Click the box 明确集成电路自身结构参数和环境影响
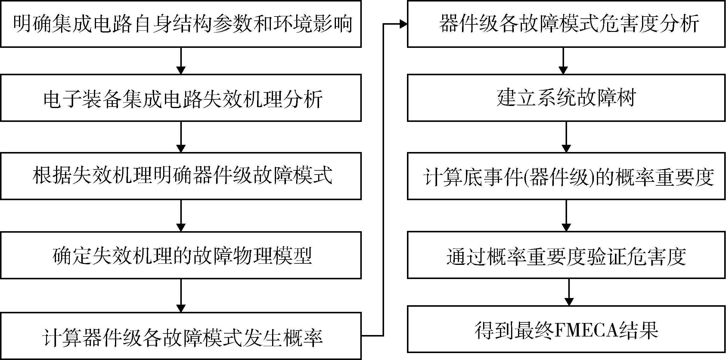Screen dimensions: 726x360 (x=181, y=24)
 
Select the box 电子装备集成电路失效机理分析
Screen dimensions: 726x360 (x=181, y=98)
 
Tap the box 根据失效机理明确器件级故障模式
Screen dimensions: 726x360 (x=181, y=176)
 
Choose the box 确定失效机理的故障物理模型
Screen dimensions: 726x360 (x=181, y=255)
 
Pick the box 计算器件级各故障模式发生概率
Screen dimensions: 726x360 (x=181, y=336)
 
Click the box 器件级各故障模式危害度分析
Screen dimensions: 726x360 (x=566, y=24)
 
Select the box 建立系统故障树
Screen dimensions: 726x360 (x=566, y=98)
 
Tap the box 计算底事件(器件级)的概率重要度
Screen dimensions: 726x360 (x=566, y=176)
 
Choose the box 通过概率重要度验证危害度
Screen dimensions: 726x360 (x=566, y=255)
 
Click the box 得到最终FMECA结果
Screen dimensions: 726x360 (x=566, y=329)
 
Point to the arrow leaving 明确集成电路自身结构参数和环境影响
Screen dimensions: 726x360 (x=181, y=61)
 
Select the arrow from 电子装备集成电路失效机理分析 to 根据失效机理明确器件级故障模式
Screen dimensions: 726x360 (x=181, y=137)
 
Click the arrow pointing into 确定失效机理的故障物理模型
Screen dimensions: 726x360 (x=181, y=216)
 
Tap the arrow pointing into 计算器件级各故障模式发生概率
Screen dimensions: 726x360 (x=181, y=296)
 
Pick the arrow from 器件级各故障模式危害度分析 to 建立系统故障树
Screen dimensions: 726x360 (x=563, y=61)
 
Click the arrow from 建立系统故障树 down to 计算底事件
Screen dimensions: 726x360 (x=566, y=137)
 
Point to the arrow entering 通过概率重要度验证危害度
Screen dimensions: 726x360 (x=566, y=216)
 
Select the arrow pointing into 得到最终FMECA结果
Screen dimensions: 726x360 (x=569, y=292)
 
